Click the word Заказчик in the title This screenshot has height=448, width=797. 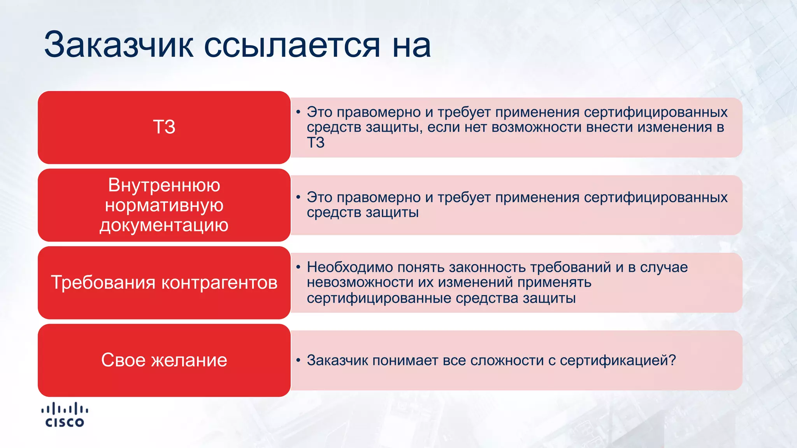click(x=119, y=45)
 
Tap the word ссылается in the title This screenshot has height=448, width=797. click(x=291, y=45)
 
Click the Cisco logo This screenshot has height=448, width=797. click(x=65, y=415)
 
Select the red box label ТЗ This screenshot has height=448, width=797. click(x=164, y=127)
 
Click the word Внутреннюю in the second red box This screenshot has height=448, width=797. click(x=164, y=185)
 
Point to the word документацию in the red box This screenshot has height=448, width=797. click(x=164, y=225)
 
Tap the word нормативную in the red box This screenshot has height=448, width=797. click(x=164, y=205)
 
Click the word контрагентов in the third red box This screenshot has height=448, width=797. click(x=219, y=283)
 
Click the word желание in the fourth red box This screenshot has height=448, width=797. click(x=189, y=360)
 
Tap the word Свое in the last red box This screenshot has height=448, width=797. click(x=123, y=360)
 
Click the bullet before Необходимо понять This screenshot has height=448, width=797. click(x=298, y=267)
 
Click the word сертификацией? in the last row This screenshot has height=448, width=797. click(x=618, y=360)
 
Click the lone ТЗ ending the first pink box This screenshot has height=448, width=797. click(x=316, y=143)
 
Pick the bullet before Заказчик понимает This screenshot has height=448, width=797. click(x=298, y=360)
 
